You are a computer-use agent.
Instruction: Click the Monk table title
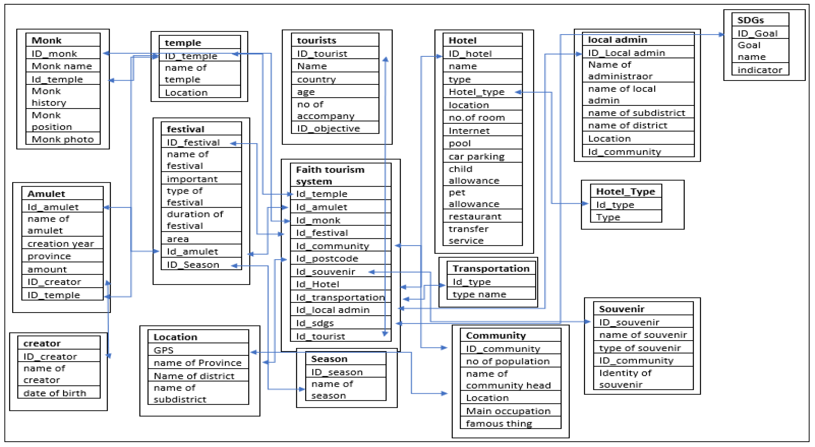coord(47,40)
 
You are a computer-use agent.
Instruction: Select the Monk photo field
coord(63,139)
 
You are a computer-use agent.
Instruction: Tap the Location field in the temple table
coord(186,93)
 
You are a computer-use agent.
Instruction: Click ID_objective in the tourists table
coord(328,128)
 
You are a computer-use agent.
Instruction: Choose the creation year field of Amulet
coord(61,244)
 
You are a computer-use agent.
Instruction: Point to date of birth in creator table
coord(55,393)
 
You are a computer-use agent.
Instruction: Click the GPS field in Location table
coord(164,350)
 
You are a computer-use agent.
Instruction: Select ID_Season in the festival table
coord(193,265)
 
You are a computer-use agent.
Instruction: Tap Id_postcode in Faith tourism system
coord(327,259)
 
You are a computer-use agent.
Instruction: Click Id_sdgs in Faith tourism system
coord(315,323)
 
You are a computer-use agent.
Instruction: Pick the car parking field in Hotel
coord(477,157)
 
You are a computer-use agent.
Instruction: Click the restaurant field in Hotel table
coord(475,216)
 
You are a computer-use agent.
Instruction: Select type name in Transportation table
coord(479,294)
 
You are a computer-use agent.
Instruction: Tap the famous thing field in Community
coord(499,423)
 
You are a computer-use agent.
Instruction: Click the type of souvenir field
coord(640,348)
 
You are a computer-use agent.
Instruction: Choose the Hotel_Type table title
coord(626,192)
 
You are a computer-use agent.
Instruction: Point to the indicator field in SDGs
coord(760,70)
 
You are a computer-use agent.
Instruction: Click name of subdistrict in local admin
coord(636,113)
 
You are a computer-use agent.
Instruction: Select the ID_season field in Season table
coord(337,372)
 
